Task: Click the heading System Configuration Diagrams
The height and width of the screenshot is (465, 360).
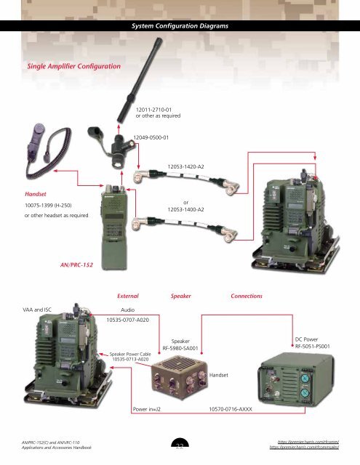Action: [x=179, y=27]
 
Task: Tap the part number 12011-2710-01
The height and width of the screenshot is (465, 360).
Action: [x=153, y=107]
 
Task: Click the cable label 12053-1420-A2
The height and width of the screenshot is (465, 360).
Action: [x=185, y=166]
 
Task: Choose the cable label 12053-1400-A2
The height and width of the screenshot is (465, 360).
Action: [x=185, y=209]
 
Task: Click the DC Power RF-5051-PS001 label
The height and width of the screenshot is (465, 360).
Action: [x=313, y=343]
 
